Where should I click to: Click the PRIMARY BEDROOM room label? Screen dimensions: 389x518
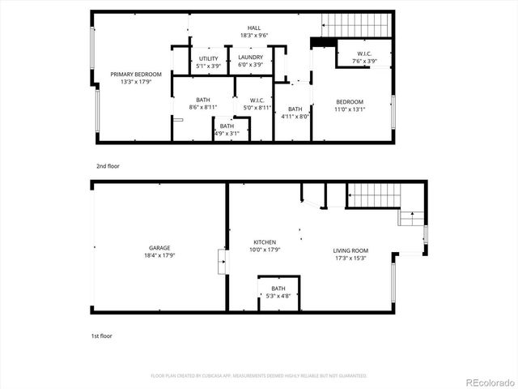click(136, 75)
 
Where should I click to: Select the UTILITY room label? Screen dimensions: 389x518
click(207, 58)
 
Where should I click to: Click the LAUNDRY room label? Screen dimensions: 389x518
click(250, 58)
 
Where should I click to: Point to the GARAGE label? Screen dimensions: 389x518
click(159, 248)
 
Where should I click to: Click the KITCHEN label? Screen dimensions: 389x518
click(265, 242)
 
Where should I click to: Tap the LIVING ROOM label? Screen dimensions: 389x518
click(350, 250)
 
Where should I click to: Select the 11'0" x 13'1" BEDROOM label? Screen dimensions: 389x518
click(350, 102)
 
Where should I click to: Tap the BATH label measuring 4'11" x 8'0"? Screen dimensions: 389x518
click(295, 109)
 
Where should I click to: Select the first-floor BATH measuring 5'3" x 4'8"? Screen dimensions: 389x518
click(278, 289)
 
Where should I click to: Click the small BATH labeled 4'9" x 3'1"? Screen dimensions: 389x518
click(227, 126)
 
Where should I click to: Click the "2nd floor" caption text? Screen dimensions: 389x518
click(108, 166)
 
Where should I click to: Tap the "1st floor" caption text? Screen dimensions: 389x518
click(102, 335)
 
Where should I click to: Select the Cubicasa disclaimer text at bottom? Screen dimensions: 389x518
click(259, 375)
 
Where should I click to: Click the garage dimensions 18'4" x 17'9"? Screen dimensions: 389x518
click(159, 255)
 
